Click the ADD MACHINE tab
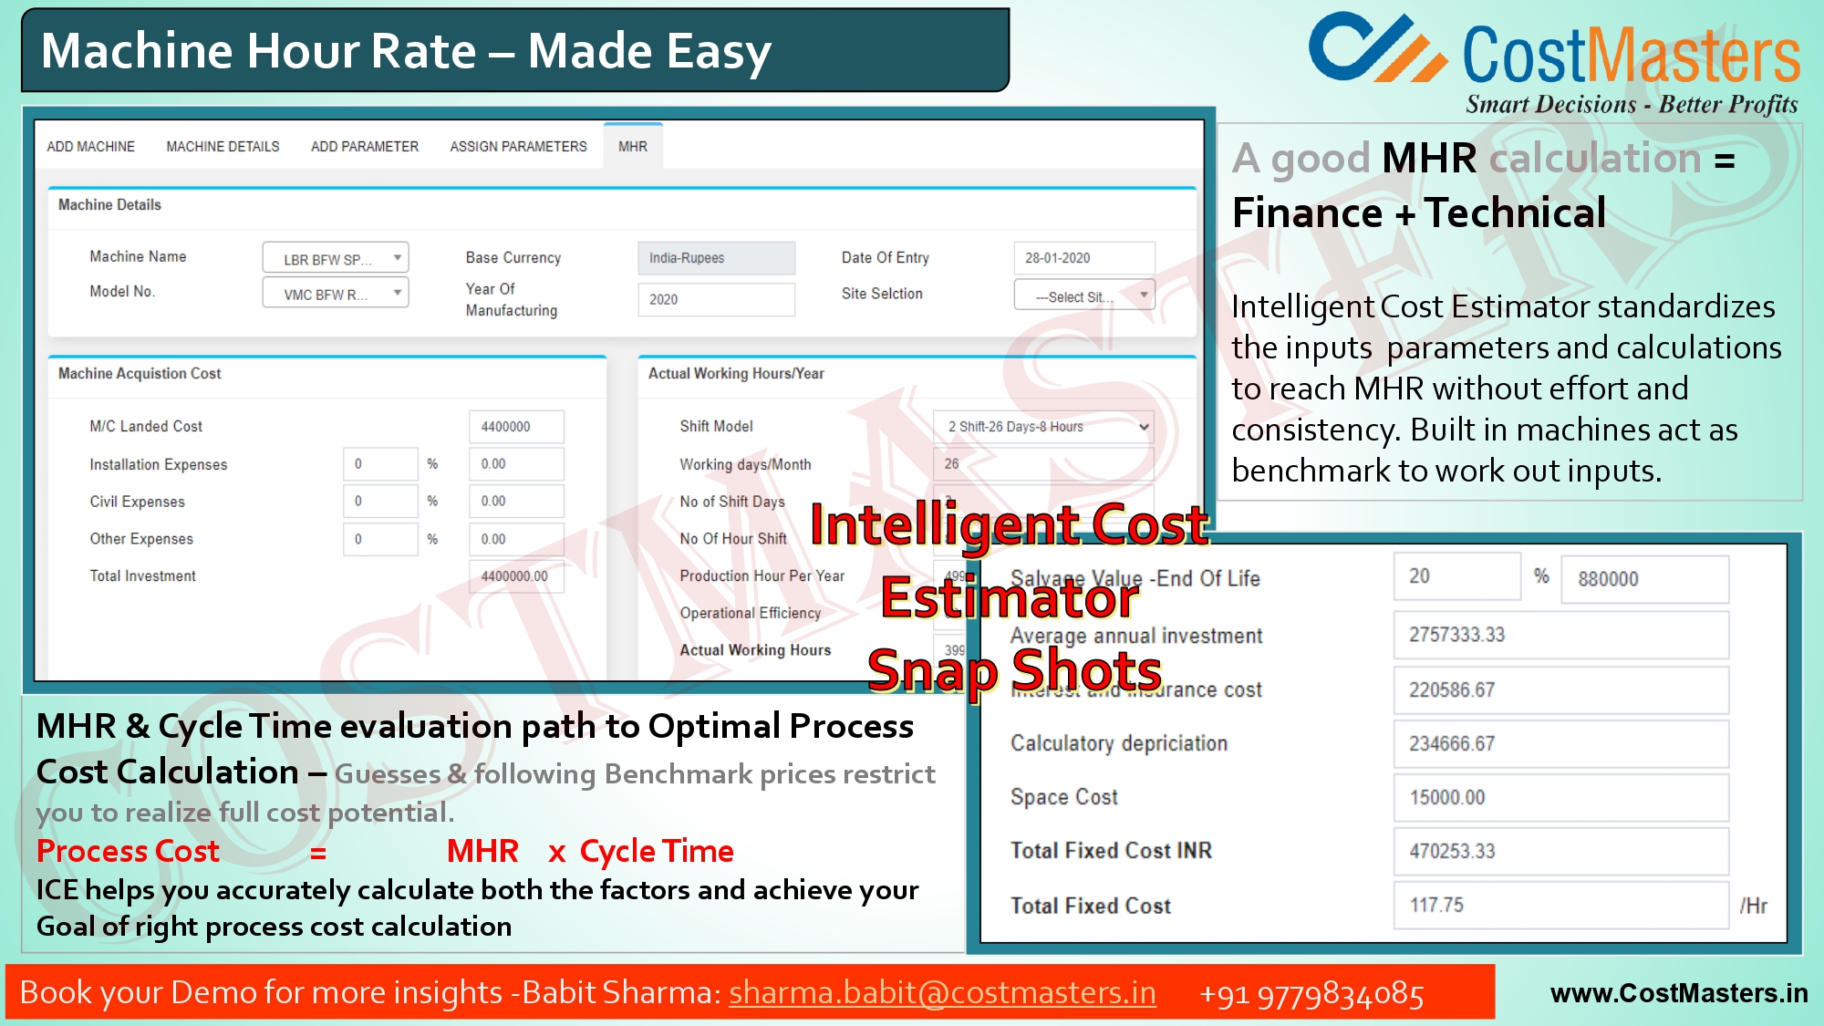[90, 147]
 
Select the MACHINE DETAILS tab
[223, 147]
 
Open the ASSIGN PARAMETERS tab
[518, 147]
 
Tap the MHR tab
[632, 147]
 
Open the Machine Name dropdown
[335, 259]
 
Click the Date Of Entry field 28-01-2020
[1083, 258]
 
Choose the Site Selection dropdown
[1083, 296]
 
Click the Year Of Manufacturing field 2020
[716, 299]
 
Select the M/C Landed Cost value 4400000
[515, 427]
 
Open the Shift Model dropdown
[1042, 427]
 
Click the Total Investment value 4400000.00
[515, 576]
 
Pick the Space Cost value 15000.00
[1560, 798]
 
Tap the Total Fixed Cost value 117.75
[1560, 906]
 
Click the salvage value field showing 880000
[1643, 579]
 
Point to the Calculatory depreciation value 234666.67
[1560, 744]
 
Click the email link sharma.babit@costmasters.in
[942, 993]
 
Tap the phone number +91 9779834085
[1311, 994]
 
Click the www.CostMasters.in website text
[1678, 993]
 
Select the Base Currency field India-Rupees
[716, 258]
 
